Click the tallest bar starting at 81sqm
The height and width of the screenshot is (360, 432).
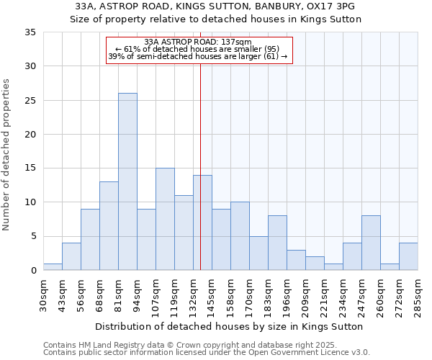127,181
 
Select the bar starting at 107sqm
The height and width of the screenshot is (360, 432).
165,219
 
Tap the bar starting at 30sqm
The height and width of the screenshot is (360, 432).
53,266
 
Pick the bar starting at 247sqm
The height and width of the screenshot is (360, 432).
371,243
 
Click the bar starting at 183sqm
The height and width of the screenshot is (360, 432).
277,243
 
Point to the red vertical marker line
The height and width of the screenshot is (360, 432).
200,166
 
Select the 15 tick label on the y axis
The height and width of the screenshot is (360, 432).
30,168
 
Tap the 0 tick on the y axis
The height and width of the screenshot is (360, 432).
33,271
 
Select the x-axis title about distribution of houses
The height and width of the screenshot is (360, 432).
228,326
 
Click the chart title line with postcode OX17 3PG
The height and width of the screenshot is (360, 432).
215,6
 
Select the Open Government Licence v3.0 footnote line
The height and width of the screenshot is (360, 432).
206,352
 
